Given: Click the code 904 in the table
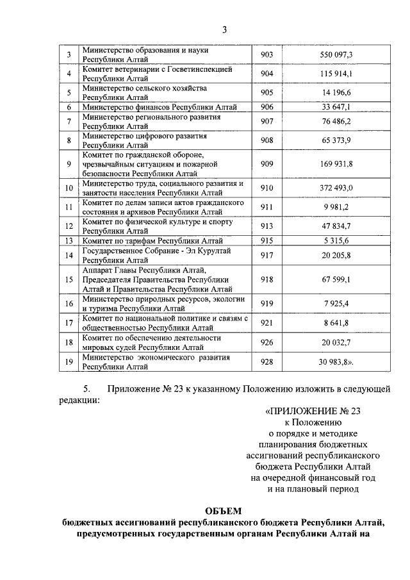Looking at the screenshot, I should pyautogui.click(x=266, y=74).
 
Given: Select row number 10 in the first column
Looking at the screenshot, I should pyautogui.click(x=69, y=188).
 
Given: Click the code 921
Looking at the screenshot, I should pyautogui.click(x=266, y=323).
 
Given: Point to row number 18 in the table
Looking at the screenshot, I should pyautogui.click(x=69, y=342).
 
